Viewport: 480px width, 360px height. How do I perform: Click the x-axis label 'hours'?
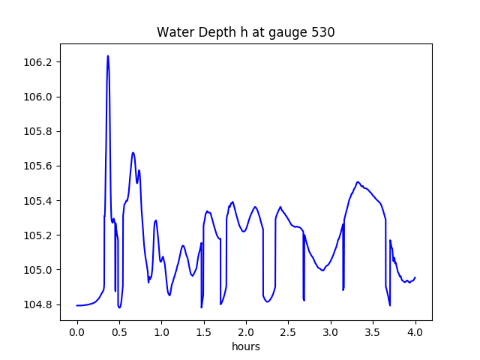tap(246, 346)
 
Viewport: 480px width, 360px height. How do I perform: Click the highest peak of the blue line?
tap(108, 56)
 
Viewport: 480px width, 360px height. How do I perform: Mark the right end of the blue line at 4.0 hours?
tap(415, 277)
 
